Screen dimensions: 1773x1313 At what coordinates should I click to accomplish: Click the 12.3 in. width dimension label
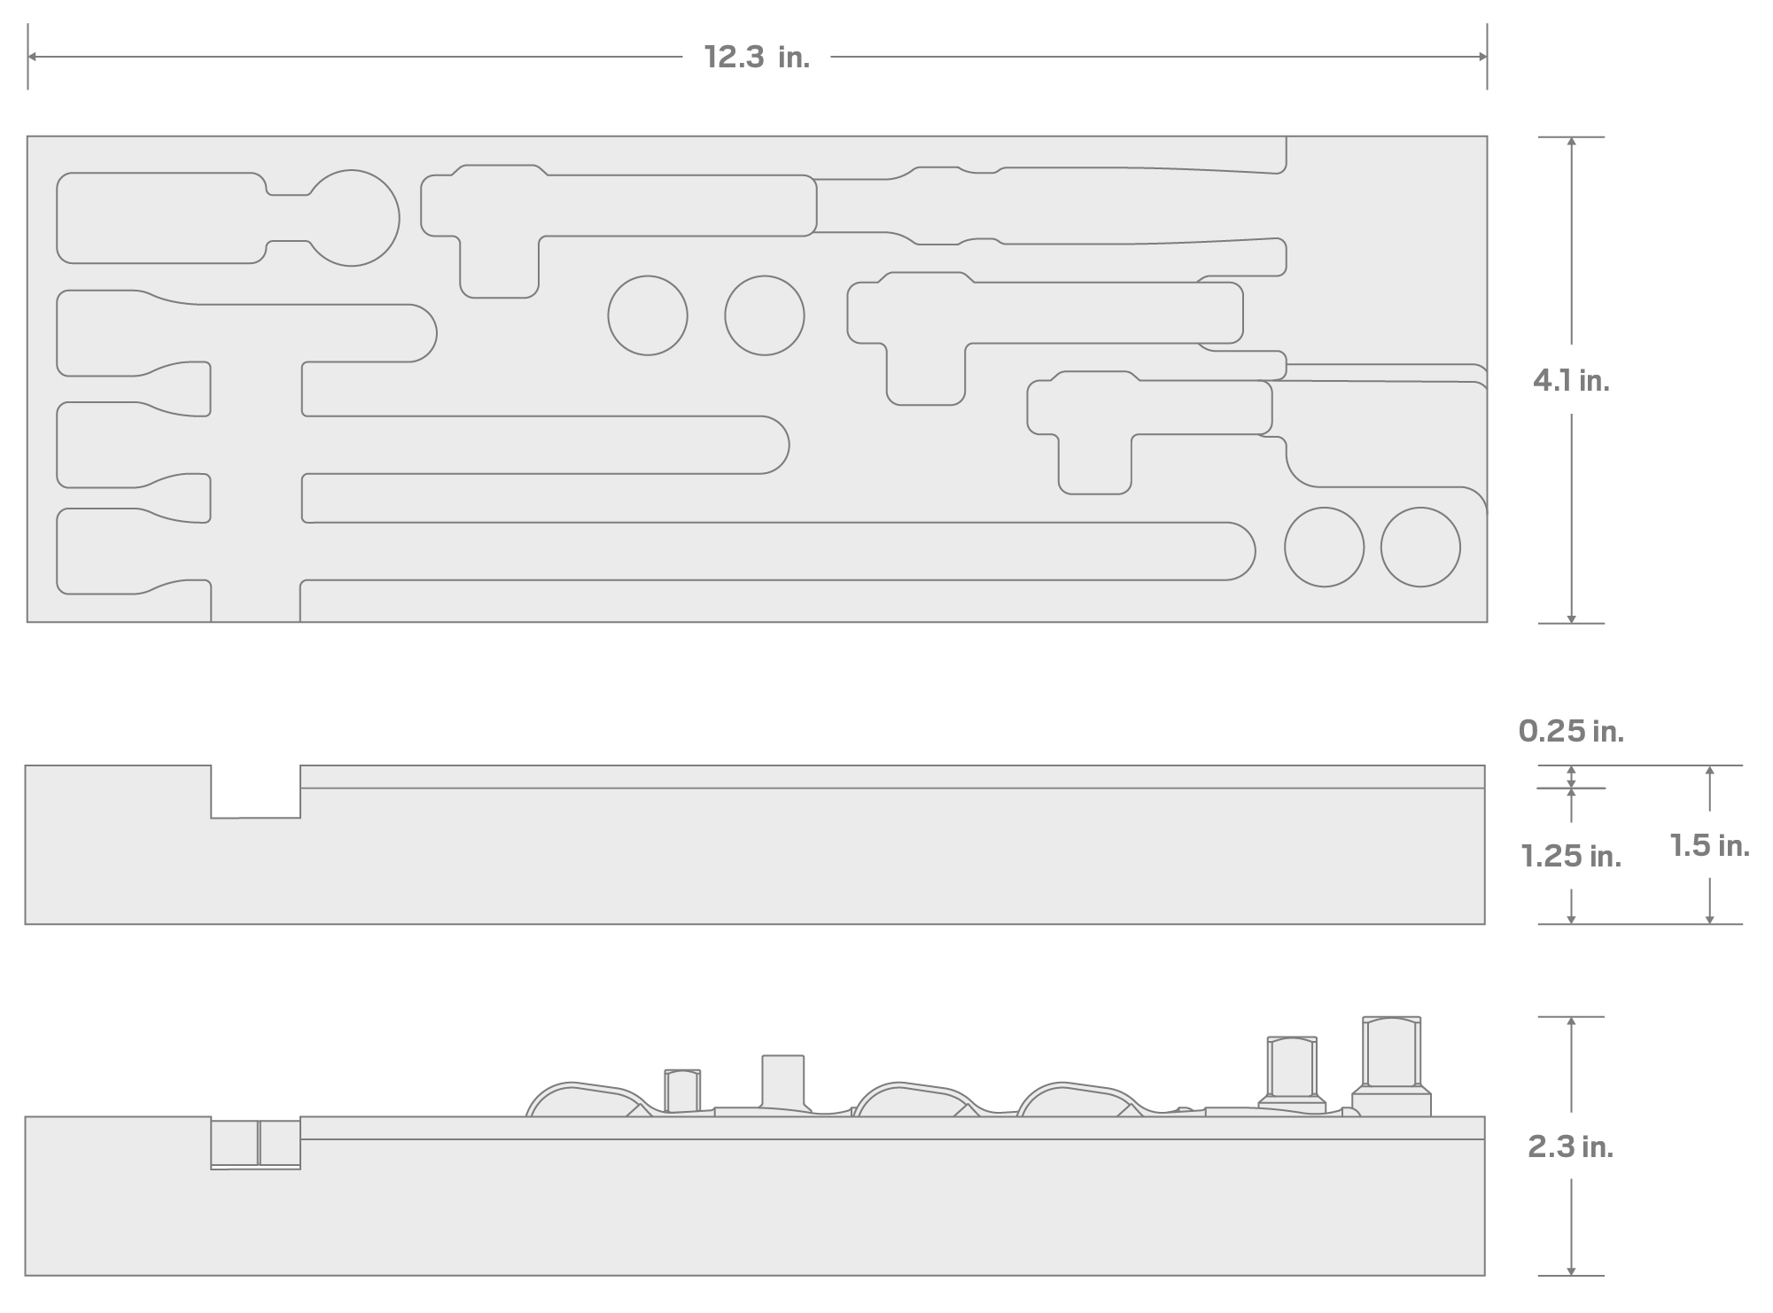click(x=757, y=58)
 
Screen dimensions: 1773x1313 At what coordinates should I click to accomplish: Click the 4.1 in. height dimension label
click(x=1571, y=381)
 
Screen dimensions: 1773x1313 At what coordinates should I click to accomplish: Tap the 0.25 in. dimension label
click(x=1571, y=731)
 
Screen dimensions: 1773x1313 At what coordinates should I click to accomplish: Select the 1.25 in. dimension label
click(x=1571, y=856)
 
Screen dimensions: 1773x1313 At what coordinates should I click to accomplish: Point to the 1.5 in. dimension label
click(x=1709, y=845)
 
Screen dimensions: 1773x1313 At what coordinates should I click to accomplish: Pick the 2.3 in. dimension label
click(x=1571, y=1147)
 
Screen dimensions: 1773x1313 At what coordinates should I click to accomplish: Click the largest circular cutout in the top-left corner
click(x=352, y=218)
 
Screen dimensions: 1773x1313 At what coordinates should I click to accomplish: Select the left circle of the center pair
click(x=648, y=315)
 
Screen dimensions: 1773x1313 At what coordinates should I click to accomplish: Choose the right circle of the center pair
click(x=765, y=315)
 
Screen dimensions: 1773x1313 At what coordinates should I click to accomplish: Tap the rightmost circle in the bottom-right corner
click(x=1420, y=547)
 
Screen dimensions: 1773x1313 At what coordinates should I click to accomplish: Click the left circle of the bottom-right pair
click(x=1325, y=547)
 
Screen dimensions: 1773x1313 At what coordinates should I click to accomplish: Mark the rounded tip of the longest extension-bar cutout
click(x=1240, y=551)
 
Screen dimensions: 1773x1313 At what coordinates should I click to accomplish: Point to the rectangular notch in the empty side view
click(x=255, y=791)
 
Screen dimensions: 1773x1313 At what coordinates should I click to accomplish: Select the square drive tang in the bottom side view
click(x=783, y=1081)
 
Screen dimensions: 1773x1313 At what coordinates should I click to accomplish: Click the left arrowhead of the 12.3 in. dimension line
click(x=32, y=57)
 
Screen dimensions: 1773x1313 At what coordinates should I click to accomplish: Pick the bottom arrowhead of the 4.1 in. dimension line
click(x=1571, y=618)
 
